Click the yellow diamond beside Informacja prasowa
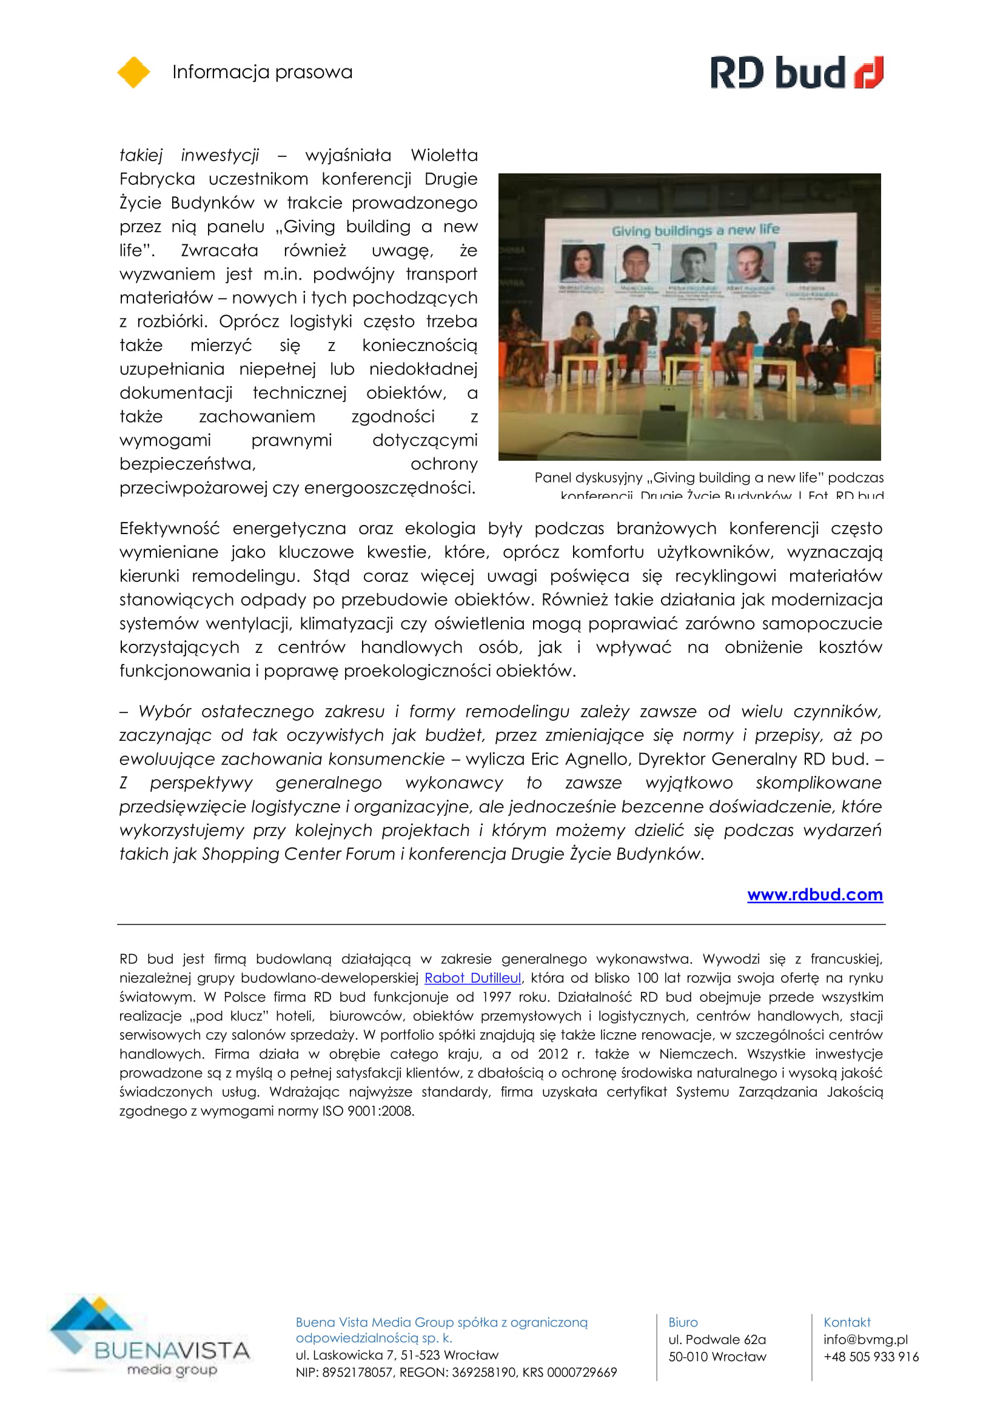point(133,72)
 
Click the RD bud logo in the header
point(796,72)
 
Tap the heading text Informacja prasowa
point(262,72)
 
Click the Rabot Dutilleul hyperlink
point(472,978)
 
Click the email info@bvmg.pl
point(865,1339)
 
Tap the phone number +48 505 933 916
point(870,1356)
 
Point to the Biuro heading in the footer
point(682,1322)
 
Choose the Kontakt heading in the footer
point(846,1322)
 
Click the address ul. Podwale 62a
point(716,1339)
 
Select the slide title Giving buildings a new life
point(696,230)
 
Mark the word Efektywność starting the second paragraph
point(169,528)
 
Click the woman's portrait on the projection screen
point(581,263)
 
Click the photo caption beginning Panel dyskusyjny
point(708,478)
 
